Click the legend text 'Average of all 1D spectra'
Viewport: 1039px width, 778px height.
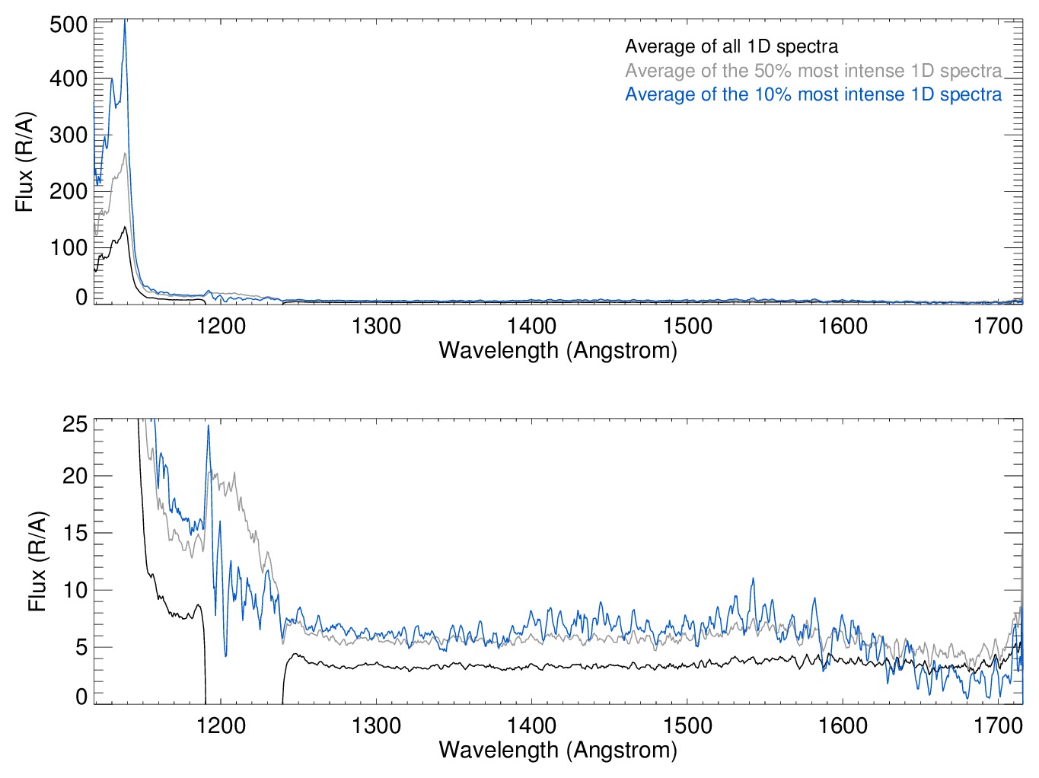(731, 46)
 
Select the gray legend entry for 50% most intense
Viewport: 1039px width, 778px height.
(813, 71)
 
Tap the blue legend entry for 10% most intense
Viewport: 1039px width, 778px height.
(813, 94)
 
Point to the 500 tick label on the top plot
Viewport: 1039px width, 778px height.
(69, 24)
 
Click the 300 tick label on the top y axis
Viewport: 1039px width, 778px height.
(69, 136)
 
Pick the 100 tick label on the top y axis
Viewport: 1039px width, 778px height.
(69, 247)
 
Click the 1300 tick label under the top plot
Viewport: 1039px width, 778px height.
(376, 326)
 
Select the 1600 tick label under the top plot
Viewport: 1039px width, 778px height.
(843, 326)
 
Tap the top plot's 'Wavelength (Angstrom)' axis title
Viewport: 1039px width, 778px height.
(558, 350)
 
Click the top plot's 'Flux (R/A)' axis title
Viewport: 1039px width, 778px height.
(25, 161)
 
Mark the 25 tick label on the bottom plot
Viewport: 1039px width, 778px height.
(75, 424)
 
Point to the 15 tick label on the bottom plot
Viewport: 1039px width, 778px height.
(75, 533)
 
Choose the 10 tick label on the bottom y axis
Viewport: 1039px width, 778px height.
(75, 590)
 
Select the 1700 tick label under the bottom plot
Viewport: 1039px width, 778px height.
(998, 725)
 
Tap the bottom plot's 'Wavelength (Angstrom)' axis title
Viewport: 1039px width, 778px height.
(558, 750)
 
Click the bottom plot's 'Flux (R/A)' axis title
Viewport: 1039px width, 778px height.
(37, 561)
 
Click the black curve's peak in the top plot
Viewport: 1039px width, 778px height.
(124, 227)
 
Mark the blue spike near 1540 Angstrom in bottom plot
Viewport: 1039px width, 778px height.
(754, 579)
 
